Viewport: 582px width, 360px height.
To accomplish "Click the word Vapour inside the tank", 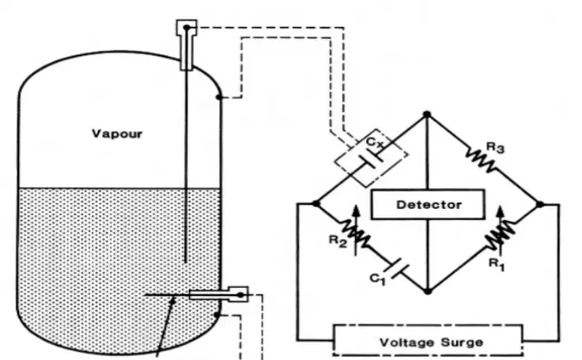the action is tap(117, 134).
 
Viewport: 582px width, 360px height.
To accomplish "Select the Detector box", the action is tap(428, 204).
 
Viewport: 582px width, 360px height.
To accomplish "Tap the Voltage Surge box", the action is tap(428, 340).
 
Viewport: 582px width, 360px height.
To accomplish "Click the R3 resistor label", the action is tap(496, 147).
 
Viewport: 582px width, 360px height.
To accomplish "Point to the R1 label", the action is tap(497, 264).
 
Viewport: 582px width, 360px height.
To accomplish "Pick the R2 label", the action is tap(338, 241).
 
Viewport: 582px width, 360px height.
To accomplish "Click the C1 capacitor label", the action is tap(378, 279).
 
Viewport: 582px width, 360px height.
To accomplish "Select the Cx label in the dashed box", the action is tap(374, 142).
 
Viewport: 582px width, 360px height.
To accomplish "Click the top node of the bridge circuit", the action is tap(427, 115).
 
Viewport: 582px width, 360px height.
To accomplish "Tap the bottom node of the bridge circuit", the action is tap(428, 291).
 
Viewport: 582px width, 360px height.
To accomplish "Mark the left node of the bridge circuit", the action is tap(316, 203).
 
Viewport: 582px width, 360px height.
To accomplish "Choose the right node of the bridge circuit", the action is tap(540, 204).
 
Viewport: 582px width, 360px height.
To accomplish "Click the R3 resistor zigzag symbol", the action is tap(480, 159).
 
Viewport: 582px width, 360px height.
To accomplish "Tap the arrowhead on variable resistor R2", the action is tap(356, 212).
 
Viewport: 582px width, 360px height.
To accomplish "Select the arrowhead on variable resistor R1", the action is tap(501, 212).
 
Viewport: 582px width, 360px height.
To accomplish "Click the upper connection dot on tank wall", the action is tap(219, 97).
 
